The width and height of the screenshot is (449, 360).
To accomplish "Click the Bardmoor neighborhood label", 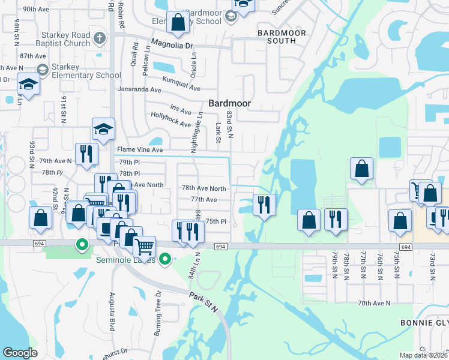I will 229,103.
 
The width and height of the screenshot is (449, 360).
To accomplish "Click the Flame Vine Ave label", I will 140,149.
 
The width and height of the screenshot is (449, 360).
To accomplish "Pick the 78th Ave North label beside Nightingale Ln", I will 204,188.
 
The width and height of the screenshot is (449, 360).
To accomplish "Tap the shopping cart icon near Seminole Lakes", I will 144,245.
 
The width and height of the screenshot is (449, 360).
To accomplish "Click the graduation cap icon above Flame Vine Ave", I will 103,127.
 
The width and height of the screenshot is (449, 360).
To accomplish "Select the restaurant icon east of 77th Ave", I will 264,205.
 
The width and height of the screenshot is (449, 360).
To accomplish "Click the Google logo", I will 20,353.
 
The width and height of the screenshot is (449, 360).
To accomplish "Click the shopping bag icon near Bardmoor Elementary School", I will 178,22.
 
